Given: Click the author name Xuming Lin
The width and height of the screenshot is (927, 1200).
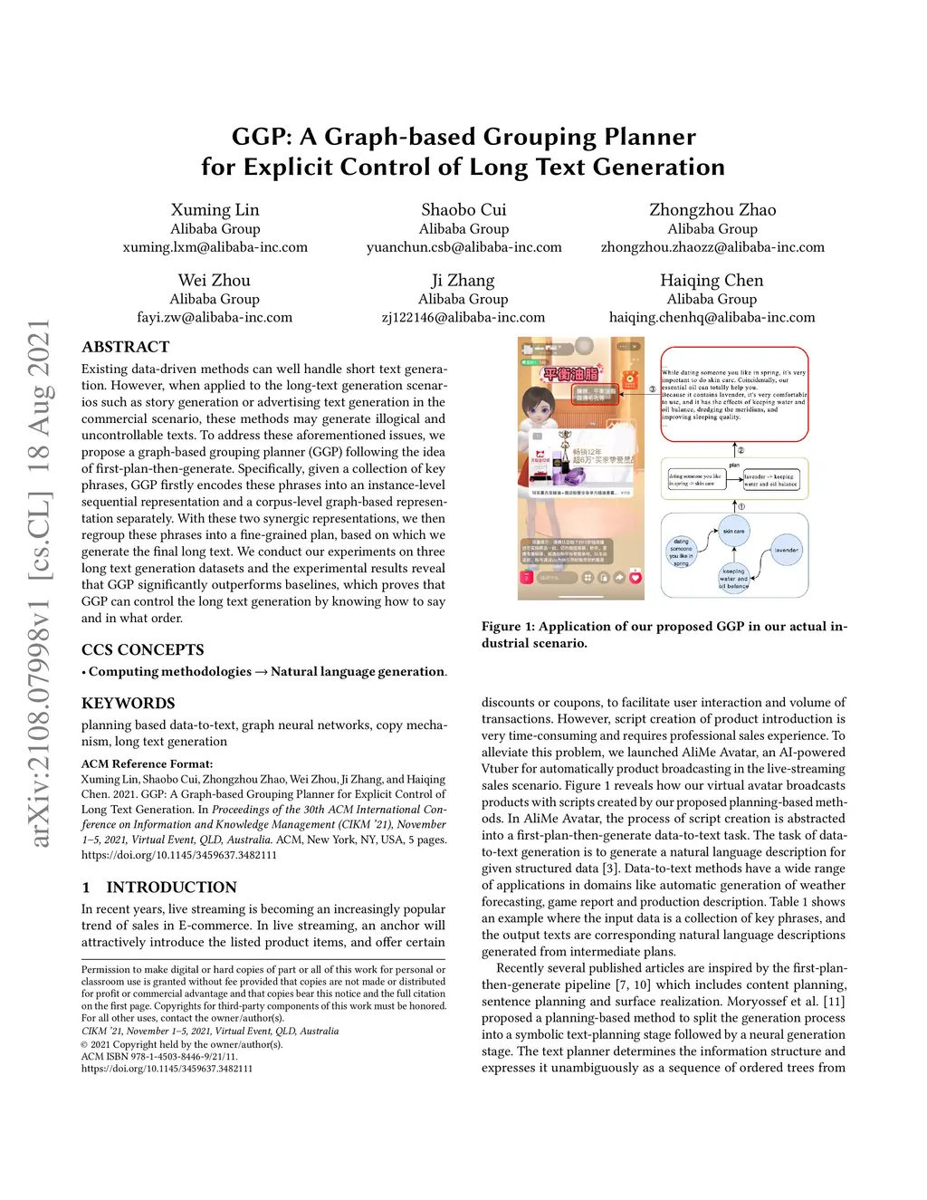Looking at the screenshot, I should (x=215, y=210).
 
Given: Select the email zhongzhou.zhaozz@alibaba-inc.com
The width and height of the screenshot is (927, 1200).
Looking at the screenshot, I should (x=712, y=247).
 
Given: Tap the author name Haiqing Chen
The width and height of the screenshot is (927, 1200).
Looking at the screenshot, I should (x=712, y=281).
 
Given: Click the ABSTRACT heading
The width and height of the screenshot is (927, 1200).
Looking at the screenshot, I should (x=125, y=347).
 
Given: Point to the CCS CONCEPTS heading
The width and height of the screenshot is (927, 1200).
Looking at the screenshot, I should (x=142, y=649).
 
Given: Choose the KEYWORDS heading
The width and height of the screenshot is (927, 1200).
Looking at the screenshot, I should (x=128, y=703).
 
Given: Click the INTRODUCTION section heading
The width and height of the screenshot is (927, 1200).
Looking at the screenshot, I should (x=171, y=887).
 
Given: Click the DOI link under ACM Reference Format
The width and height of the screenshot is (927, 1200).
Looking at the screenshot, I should (x=178, y=854).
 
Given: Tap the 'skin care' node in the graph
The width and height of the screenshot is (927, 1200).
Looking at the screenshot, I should (x=733, y=531).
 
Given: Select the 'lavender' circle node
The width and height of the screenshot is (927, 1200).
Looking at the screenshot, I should (x=786, y=550).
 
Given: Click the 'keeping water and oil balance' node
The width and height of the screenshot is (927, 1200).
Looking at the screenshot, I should (x=733, y=578).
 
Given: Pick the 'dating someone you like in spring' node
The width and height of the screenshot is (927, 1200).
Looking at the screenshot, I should (x=681, y=552).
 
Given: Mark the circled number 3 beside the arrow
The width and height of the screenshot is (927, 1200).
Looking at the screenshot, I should (x=652, y=389).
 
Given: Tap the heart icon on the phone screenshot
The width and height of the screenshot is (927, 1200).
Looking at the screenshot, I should (x=635, y=577).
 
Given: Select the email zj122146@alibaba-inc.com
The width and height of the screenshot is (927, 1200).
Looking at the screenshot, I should (x=463, y=318).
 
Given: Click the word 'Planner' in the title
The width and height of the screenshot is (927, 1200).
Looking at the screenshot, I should (x=650, y=137).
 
